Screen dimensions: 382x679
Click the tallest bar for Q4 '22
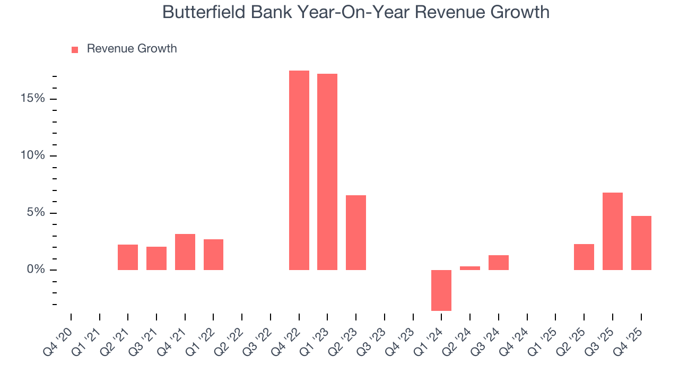pos(299,170)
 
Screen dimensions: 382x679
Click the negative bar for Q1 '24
pos(441,290)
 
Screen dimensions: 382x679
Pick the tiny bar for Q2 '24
pos(470,268)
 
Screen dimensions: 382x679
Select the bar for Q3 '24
pos(499,263)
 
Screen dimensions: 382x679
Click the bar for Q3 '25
pos(613,231)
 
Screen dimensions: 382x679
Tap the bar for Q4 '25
pos(641,242)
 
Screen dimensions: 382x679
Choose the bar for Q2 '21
pos(128,257)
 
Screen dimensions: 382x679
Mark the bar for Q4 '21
pos(185,251)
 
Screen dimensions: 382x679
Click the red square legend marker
pos(75,49)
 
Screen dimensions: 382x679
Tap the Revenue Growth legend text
pos(132,49)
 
